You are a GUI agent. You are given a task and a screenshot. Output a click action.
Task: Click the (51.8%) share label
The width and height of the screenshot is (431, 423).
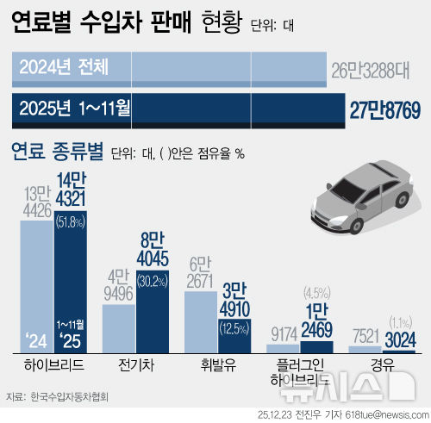tap(72, 222)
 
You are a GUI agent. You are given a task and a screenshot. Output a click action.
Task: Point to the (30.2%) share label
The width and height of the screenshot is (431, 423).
tap(153, 256)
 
